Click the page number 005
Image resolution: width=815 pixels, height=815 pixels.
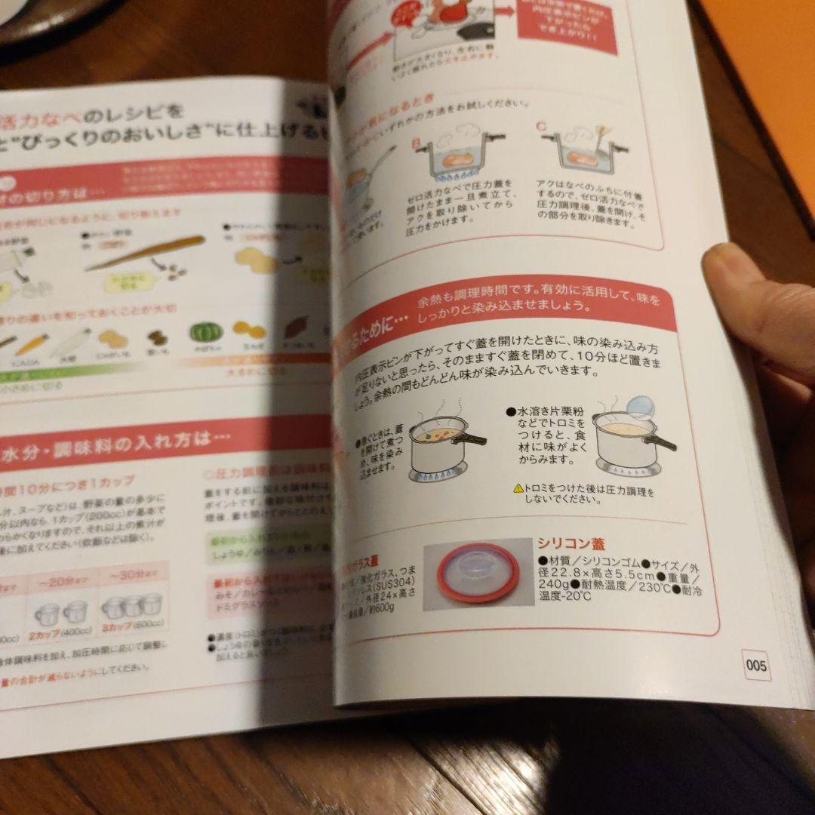tap(755, 665)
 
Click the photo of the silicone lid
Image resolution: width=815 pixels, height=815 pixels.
tap(473, 575)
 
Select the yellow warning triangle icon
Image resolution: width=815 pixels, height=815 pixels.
tap(518, 489)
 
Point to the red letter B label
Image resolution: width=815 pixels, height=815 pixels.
tap(415, 142)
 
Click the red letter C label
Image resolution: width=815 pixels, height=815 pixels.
tap(540, 126)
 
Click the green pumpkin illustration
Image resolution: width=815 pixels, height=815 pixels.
tap(202, 333)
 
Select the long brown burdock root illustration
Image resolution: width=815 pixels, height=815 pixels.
tap(147, 252)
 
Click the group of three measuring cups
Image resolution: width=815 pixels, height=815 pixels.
tap(132, 604)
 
